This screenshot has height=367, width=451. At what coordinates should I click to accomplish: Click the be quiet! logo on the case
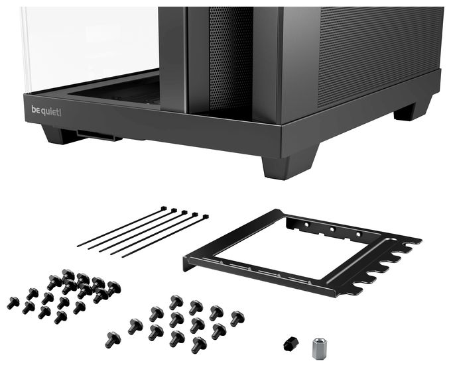tap(46, 111)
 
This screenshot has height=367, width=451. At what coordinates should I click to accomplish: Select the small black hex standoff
tap(290, 344)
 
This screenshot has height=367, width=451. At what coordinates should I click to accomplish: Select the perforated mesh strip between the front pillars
tap(231, 58)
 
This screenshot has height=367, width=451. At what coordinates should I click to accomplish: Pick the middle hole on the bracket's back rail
tap(332, 229)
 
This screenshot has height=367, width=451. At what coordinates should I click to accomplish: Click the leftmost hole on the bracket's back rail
tap(306, 224)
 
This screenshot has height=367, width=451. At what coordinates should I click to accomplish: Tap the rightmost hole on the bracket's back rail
tap(358, 235)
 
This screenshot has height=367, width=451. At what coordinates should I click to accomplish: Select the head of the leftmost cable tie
tap(164, 208)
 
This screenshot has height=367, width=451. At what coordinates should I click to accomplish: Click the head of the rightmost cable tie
tap(206, 217)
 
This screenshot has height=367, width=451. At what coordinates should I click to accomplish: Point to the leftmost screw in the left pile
tap(13, 303)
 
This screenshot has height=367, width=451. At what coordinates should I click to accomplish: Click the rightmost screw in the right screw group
tap(237, 319)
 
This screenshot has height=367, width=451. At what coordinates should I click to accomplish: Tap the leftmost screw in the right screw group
tap(113, 340)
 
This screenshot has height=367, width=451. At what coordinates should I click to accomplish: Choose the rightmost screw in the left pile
tap(114, 289)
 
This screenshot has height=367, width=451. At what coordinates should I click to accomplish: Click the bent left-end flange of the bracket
tap(188, 264)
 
